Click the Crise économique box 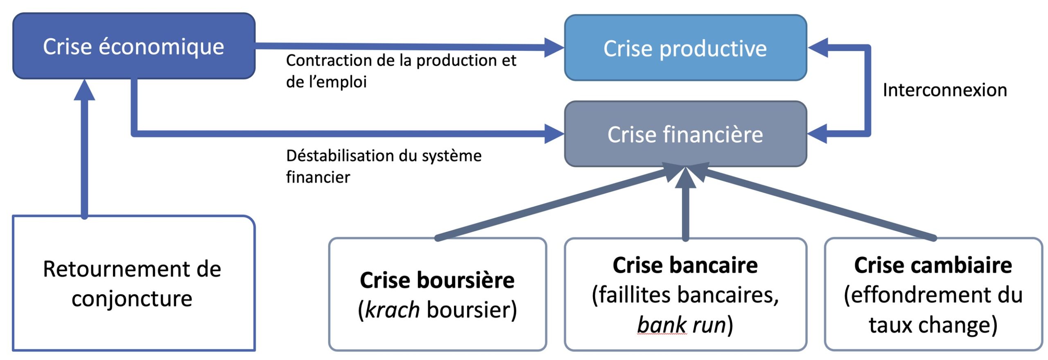133,46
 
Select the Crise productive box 685,48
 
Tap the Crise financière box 685,134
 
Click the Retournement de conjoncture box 133,283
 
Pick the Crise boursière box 437,294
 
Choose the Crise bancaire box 685,294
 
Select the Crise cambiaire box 933,294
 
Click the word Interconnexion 944,90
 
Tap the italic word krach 392,310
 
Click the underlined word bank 661,325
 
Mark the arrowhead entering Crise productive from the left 553,47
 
